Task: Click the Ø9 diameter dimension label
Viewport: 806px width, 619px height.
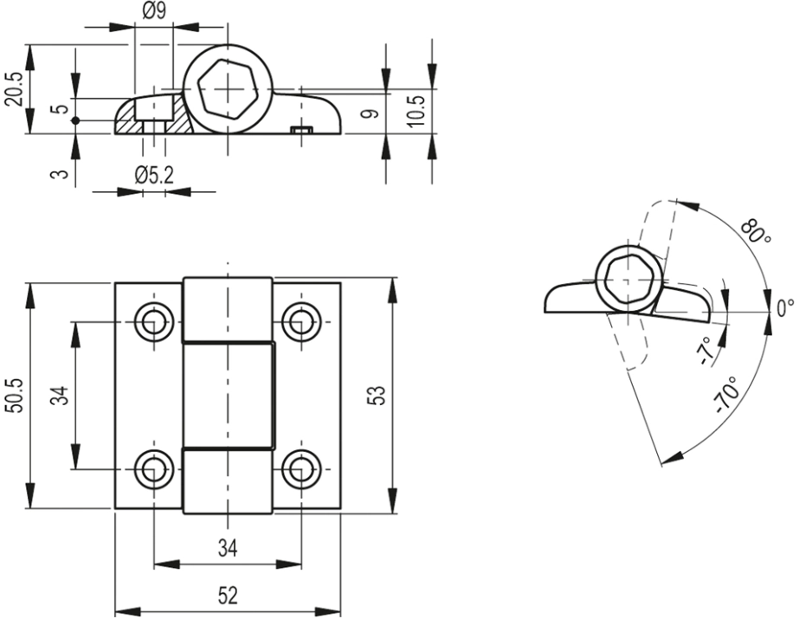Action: point(153,10)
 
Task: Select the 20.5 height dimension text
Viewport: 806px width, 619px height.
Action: point(14,89)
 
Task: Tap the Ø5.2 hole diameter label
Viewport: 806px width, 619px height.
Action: point(154,177)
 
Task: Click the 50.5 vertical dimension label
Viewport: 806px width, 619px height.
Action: point(14,396)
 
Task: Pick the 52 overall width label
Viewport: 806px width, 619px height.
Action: point(228,596)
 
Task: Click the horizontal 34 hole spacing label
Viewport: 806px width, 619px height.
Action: point(228,549)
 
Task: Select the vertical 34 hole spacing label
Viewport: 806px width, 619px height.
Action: point(61,396)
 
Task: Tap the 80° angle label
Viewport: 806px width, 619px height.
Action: point(756,231)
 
